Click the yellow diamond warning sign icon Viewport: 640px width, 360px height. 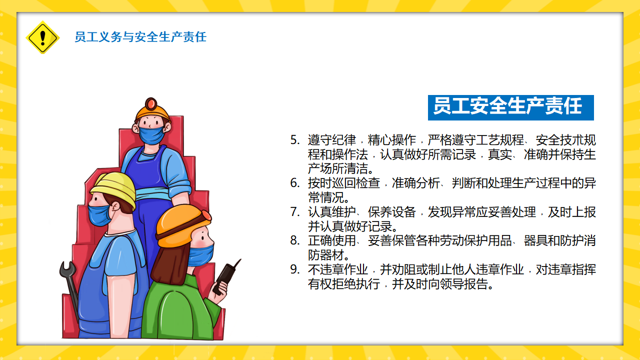(x=42, y=37)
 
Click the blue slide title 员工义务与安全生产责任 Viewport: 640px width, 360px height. (x=140, y=37)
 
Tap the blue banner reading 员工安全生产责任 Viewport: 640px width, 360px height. (x=511, y=107)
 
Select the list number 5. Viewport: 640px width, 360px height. (x=295, y=140)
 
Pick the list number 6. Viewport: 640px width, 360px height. (x=295, y=183)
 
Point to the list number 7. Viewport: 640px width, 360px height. (x=295, y=212)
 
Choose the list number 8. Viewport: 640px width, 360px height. (x=295, y=240)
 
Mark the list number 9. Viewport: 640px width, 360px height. (x=295, y=269)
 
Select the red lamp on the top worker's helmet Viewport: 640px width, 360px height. (x=151, y=103)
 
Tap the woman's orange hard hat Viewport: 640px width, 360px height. (x=183, y=225)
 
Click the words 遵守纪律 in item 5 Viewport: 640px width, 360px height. (x=331, y=140)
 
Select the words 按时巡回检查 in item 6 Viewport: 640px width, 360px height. (x=343, y=183)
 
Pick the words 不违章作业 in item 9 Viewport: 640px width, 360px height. (x=337, y=269)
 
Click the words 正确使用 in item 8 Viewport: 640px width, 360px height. (x=331, y=240)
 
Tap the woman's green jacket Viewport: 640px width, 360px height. (x=180, y=308)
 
